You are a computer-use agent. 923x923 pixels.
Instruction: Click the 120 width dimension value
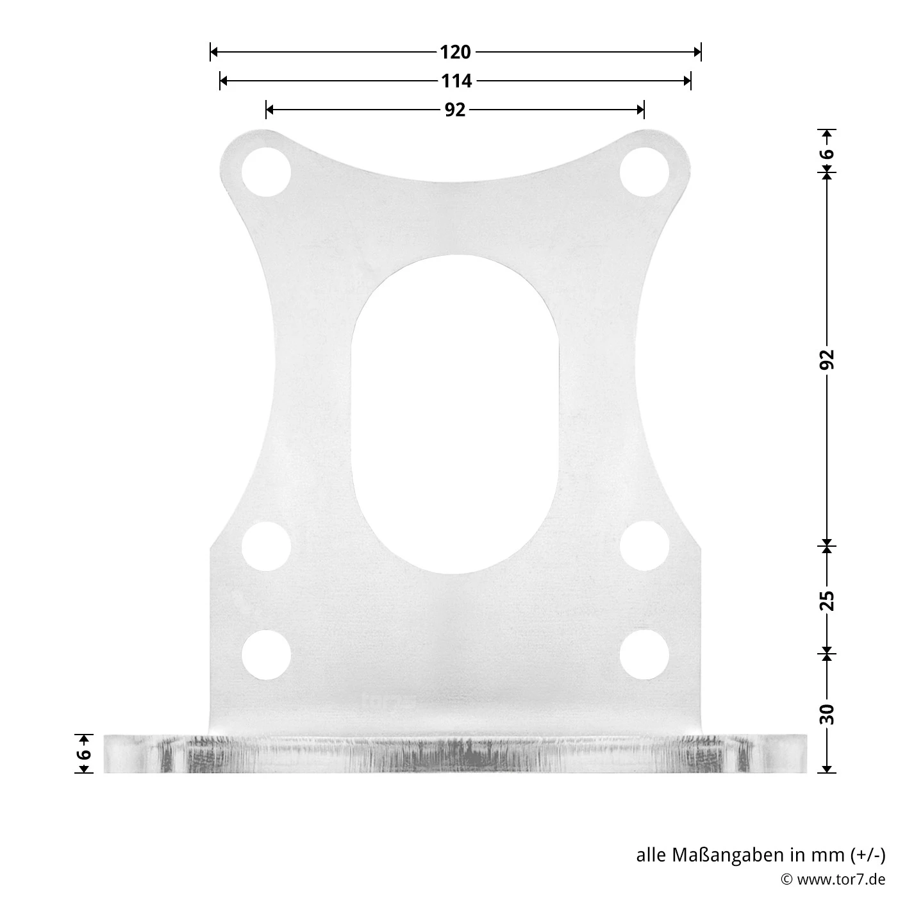pyautogui.click(x=455, y=52)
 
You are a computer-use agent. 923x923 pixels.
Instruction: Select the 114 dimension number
pyautogui.click(x=455, y=81)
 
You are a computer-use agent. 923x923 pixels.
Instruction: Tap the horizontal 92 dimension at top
pyautogui.click(x=455, y=110)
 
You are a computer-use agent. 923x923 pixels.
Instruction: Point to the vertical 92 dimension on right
pyautogui.click(x=827, y=359)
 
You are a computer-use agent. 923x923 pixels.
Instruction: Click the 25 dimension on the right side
pyautogui.click(x=827, y=601)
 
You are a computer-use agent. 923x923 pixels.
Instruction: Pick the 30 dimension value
pyautogui.click(x=827, y=713)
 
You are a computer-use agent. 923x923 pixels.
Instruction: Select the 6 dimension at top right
pyautogui.click(x=827, y=154)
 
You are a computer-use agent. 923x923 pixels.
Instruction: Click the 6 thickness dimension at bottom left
pyautogui.click(x=84, y=754)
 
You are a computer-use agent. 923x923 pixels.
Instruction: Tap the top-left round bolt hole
pyautogui.click(x=267, y=171)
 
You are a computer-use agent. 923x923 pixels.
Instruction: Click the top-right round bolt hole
pyautogui.click(x=644, y=171)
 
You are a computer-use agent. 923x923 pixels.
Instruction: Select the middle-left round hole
pyautogui.click(x=267, y=546)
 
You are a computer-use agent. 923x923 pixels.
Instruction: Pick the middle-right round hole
pyautogui.click(x=644, y=546)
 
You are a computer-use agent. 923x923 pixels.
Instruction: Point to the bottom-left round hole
pyautogui.click(x=267, y=654)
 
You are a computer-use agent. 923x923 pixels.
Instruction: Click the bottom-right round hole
pyautogui.click(x=644, y=654)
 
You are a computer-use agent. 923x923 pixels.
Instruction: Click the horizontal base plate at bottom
pyautogui.click(x=455, y=754)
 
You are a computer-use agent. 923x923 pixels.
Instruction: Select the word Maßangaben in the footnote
pyautogui.click(x=727, y=855)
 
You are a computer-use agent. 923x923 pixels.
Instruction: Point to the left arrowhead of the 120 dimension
pyautogui.click(x=215, y=52)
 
